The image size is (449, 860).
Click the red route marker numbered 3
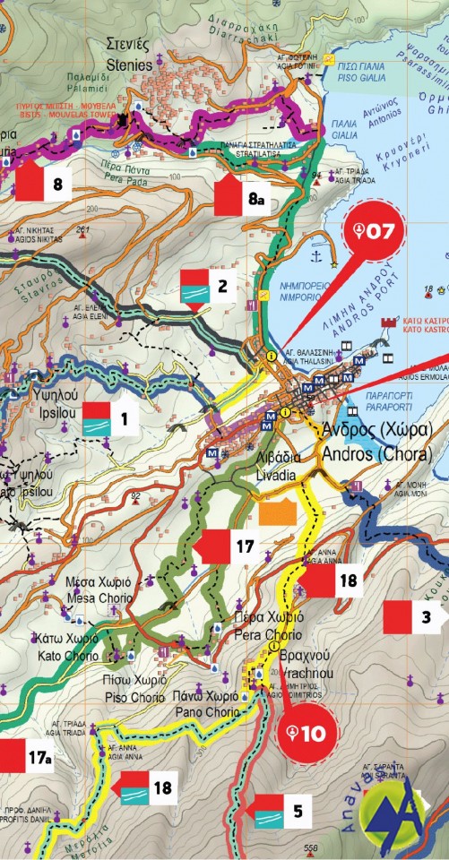(412, 617)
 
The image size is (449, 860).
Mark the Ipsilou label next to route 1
(34, 417)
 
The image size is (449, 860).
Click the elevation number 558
(311, 848)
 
